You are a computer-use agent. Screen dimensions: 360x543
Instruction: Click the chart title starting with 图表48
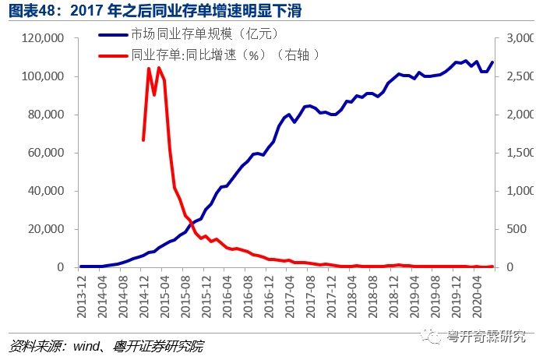point(153,11)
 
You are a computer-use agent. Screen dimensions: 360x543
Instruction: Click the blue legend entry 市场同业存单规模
point(199,35)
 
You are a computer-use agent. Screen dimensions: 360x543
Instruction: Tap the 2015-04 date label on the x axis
point(165,295)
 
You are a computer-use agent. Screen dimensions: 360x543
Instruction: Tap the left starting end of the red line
point(143,140)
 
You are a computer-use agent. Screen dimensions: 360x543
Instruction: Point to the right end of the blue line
point(492,62)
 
